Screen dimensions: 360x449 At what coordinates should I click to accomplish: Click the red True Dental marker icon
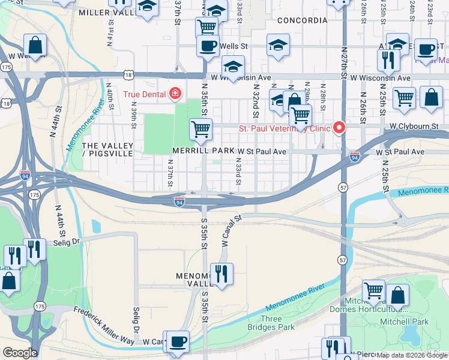(x=175, y=94)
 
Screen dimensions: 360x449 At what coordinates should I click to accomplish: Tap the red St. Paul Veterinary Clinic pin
(x=339, y=128)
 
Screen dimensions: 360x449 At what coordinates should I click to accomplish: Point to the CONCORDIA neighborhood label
(x=303, y=20)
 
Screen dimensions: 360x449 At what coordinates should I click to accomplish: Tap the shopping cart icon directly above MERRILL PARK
(x=200, y=129)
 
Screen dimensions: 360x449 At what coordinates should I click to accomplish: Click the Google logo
(x=19, y=353)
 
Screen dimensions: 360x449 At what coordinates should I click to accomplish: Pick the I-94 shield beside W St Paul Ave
(x=355, y=156)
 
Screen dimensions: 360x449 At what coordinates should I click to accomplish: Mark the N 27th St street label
(x=343, y=62)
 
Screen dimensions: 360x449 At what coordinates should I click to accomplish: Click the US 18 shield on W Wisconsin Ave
(x=129, y=74)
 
